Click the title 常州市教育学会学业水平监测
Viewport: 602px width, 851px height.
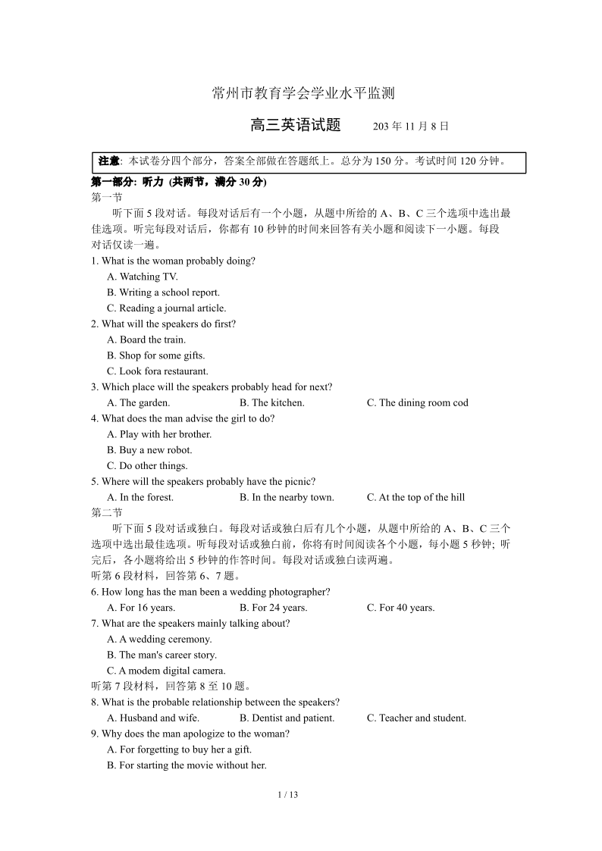click(303, 94)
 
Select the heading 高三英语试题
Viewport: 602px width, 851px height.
click(296, 126)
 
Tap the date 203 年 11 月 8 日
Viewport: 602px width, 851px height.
click(411, 127)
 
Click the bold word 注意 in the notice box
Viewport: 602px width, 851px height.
click(109, 161)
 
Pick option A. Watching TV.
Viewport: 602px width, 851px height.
click(143, 277)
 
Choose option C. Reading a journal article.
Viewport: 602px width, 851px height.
click(166, 308)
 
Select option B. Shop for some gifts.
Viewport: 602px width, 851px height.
click(155, 355)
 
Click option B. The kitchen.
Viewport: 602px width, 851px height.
click(271, 403)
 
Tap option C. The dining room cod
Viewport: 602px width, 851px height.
click(417, 403)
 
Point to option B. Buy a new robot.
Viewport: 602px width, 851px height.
click(149, 450)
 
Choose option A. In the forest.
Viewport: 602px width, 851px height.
click(140, 498)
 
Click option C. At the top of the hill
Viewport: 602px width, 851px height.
click(415, 498)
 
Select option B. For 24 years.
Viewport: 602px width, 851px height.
click(273, 608)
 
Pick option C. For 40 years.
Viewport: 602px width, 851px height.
click(400, 608)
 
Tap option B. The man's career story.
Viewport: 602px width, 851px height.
click(161, 655)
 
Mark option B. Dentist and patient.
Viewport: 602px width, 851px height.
click(287, 718)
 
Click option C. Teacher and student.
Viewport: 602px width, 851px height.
click(416, 718)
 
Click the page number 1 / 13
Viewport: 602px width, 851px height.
click(288, 795)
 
